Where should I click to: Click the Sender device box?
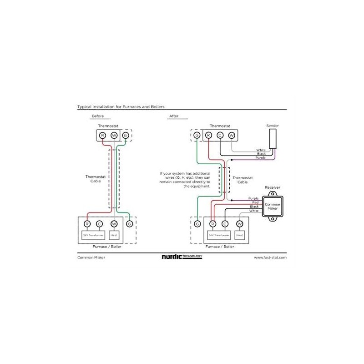273,138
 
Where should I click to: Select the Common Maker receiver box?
273,207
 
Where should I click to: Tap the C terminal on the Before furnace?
99,223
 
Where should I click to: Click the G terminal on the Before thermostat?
125,135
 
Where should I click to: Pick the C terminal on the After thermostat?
220,135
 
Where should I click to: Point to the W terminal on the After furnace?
240,224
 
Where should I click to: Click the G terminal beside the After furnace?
197,224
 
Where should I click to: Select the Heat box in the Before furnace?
114,235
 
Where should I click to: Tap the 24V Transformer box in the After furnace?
217,235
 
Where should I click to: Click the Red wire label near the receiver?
255,202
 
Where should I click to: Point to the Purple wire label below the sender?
260,157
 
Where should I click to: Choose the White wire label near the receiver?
254,211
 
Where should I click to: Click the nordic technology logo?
182,257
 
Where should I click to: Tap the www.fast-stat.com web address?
270,257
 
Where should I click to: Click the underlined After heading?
174,116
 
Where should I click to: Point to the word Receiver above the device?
273,187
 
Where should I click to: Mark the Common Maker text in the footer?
89,257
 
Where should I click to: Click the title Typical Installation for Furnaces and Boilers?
121,106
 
